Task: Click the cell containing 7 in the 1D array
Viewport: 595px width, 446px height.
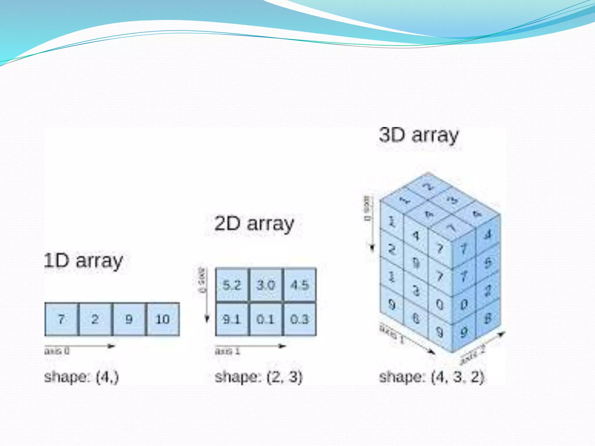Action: point(61,319)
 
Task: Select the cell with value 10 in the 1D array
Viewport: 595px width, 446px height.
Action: point(163,319)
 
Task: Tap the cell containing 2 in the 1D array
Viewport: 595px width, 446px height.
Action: point(95,319)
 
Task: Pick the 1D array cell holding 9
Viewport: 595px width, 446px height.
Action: point(129,319)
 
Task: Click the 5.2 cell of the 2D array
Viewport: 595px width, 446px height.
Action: point(232,285)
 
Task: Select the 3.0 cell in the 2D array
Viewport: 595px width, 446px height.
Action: point(266,285)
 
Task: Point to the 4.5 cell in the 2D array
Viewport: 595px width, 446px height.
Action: point(300,285)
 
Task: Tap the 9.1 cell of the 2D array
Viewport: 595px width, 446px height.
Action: point(232,319)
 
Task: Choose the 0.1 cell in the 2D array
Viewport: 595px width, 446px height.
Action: point(266,319)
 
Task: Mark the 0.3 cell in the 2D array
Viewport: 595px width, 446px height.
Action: point(300,319)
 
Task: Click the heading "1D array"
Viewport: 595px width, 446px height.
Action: point(84,261)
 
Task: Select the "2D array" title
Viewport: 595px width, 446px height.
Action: point(254,224)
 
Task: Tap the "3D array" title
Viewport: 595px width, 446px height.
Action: point(419,135)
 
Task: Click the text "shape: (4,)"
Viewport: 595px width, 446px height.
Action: point(82,377)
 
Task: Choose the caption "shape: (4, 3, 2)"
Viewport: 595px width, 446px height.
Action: point(432,377)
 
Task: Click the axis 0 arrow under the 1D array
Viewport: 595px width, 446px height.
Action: point(80,346)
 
